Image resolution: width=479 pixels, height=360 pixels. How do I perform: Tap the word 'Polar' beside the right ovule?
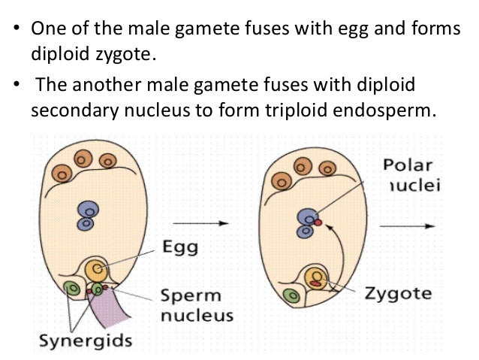406,164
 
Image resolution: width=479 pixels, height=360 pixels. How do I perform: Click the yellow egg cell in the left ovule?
96,269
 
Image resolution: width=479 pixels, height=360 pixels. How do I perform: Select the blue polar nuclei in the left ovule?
88,216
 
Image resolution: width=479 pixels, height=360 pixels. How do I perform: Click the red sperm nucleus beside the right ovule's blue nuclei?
318,222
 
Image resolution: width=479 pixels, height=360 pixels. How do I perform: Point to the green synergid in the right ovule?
289,296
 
